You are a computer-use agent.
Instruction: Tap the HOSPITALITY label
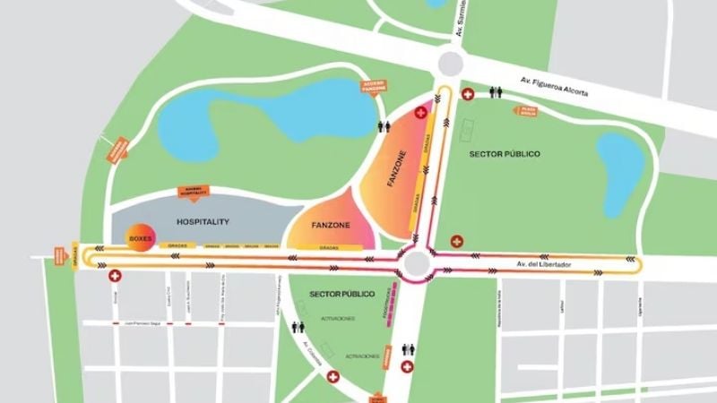point(203,221)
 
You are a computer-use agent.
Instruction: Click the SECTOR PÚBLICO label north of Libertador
point(505,154)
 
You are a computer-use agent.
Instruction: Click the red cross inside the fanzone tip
point(421,115)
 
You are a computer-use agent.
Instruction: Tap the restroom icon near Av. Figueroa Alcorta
point(495,93)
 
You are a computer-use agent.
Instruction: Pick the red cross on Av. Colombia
point(334,376)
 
